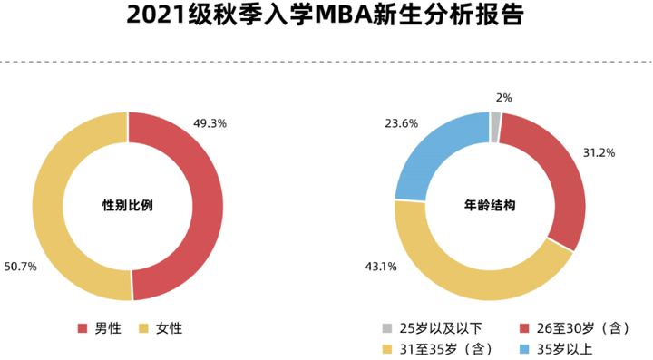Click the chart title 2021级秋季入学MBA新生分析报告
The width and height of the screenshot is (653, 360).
click(x=326, y=17)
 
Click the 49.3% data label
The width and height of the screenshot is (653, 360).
click(x=210, y=122)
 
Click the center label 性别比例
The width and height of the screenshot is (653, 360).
click(x=127, y=206)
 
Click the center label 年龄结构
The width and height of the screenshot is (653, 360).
click(x=490, y=206)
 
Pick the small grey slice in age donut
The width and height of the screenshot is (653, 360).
click(x=495, y=128)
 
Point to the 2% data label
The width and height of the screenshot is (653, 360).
click(x=503, y=97)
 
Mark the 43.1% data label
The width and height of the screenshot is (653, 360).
click(x=381, y=267)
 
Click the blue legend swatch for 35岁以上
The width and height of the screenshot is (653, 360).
click(x=526, y=348)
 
